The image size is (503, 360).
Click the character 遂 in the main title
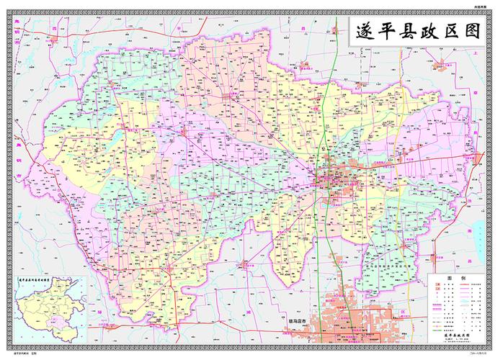tap(364, 32)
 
